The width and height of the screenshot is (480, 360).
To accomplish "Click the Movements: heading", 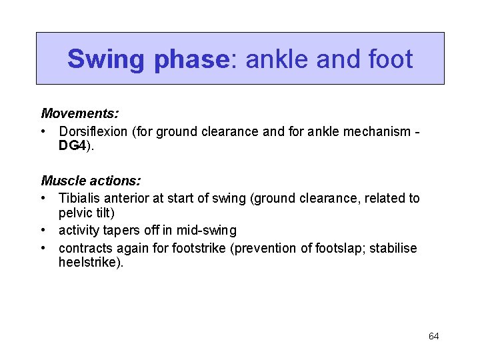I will pyautogui.click(x=80, y=115).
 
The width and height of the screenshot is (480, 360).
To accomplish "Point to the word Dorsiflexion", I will pyautogui.click(x=94, y=131).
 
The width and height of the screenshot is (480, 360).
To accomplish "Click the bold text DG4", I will pyautogui.click(x=73, y=146).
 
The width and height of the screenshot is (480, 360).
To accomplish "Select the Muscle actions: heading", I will pyautogui.click(x=91, y=181).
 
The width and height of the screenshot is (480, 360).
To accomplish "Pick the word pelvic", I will pyautogui.click(x=76, y=213).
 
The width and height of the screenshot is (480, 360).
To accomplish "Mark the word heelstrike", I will pyautogui.click(x=89, y=263).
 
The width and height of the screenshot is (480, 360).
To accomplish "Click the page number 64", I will pyautogui.click(x=433, y=337).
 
